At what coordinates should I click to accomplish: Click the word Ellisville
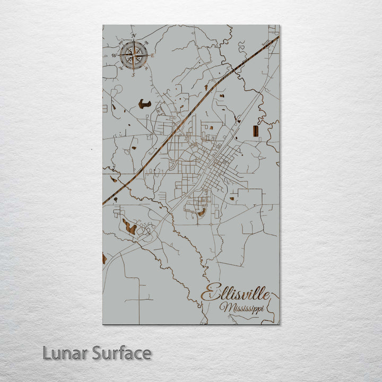pos(236,293)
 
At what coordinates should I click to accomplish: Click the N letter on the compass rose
pos(134,36)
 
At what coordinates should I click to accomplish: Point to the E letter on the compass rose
pos(152,55)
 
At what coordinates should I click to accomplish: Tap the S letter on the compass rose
pos(133,74)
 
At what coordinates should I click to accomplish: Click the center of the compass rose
pos(134,55)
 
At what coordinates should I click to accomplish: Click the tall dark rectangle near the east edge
pos(256,131)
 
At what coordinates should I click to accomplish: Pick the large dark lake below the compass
pos(144,104)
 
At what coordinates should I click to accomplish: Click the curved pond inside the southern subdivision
pos(201,212)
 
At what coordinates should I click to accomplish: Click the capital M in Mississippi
pos(225,308)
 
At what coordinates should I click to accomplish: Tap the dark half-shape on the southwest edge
pos(105,259)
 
